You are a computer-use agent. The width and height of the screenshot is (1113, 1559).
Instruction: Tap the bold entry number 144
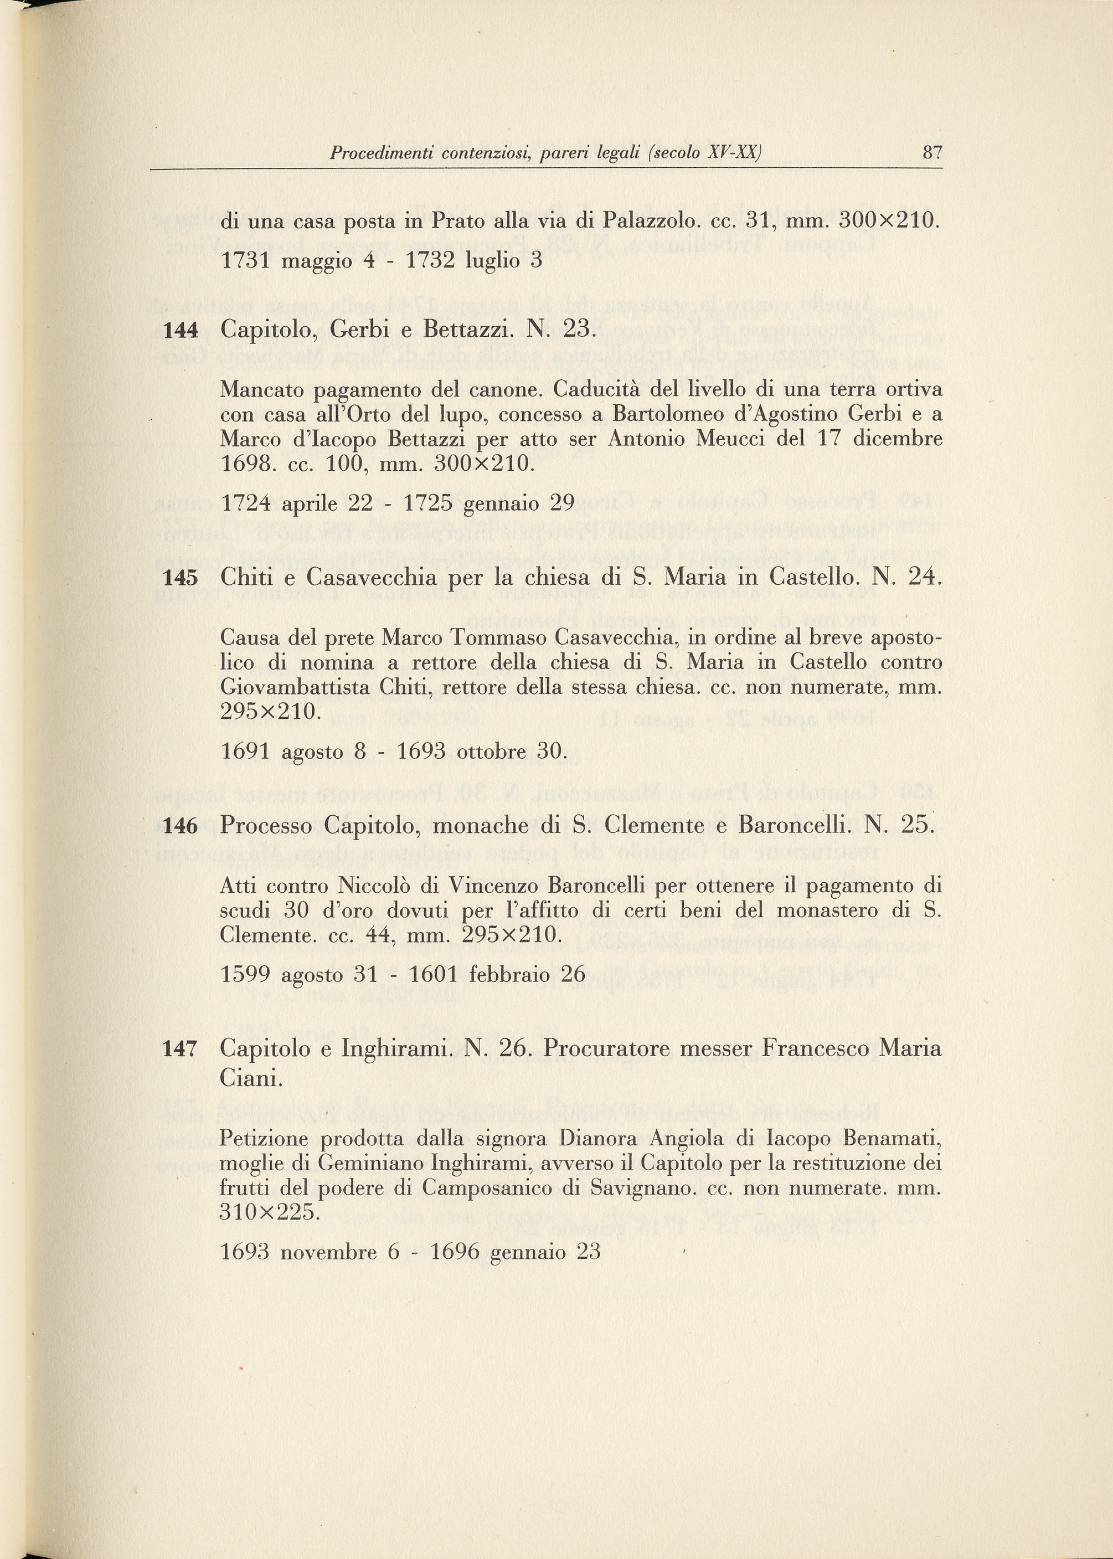coord(181,330)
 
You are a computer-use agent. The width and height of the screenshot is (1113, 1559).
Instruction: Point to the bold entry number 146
coord(181,826)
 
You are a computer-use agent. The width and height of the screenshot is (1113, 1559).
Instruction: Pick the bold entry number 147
coord(181,1049)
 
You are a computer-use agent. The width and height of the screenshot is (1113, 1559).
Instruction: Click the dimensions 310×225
coord(269,1212)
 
